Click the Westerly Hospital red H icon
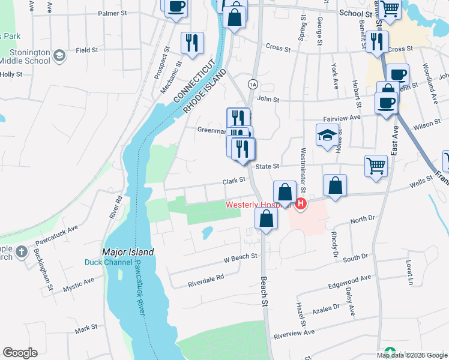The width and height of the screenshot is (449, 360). [x=300, y=205]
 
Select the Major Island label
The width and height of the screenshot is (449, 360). [x=128, y=253]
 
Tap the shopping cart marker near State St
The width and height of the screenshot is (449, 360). [x=376, y=165]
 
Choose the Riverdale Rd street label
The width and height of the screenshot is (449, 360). [x=205, y=278]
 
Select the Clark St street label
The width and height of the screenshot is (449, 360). [x=234, y=180]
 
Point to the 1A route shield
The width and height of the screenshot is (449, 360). [x=253, y=83]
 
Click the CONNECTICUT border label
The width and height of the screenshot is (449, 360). [x=193, y=80]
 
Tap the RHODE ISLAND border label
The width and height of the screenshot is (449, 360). [x=206, y=91]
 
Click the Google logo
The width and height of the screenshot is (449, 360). [x=20, y=353]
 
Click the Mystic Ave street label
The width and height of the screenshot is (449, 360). [x=79, y=285]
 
